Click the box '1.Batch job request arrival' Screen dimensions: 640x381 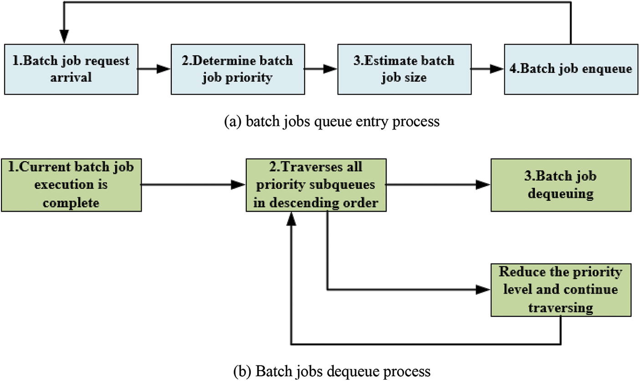(71, 69)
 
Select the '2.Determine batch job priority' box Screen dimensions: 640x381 (238, 69)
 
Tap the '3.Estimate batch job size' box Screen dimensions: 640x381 (404, 69)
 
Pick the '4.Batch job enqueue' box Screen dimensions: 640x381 (571, 69)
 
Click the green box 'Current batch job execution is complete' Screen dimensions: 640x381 (71, 185)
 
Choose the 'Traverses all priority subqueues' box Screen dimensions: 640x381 (316, 185)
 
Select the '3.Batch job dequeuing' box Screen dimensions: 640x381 (561, 185)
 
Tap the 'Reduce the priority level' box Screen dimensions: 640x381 (561, 290)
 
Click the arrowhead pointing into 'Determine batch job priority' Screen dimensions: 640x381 (164, 69)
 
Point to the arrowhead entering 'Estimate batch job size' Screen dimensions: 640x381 (330, 69)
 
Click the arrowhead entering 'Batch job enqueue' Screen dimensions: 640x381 (497, 69)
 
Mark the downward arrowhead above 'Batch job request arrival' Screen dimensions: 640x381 (64, 36)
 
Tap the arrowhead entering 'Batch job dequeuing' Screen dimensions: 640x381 (483, 184)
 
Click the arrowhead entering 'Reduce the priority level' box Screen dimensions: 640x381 (483, 290)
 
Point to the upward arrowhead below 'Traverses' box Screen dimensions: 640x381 (291, 219)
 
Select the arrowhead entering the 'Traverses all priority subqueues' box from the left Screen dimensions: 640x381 (238, 184)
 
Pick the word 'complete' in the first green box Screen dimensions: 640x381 (71, 203)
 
